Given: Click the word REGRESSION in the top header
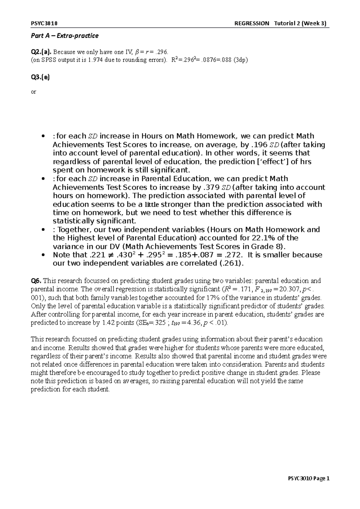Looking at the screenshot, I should point(252,24).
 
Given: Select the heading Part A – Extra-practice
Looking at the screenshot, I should point(65,36).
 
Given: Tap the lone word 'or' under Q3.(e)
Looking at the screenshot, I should point(34,92).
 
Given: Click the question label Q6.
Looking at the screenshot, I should point(36,281).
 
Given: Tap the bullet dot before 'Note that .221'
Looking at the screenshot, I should point(44,255).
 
